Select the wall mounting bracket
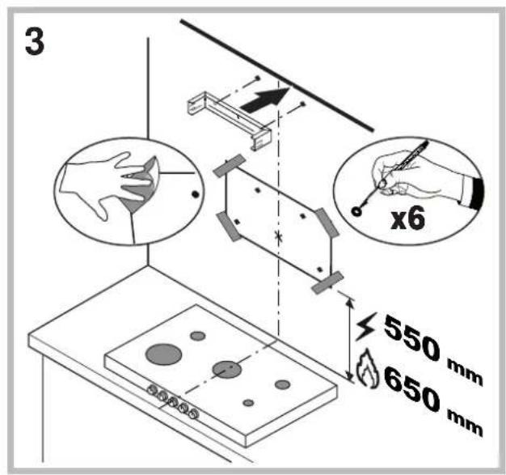pyautogui.click(x=226, y=118)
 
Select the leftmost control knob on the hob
pyautogui.click(x=150, y=389)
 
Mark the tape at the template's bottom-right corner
pyautogui.click(x=326, y=282)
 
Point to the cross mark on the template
pyautogui.click(x=279, y=237)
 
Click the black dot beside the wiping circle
pyautogui.click(x=195, y=195)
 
